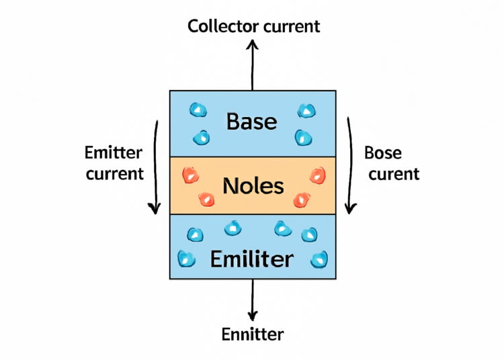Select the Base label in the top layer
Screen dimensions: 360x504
251,122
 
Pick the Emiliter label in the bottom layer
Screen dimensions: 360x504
251,259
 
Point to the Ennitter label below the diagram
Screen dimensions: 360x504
253,334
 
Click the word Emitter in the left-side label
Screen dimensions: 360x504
114,152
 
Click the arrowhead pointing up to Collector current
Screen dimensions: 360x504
253,44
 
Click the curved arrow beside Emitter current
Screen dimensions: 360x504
155,168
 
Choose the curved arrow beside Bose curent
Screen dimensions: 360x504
349,168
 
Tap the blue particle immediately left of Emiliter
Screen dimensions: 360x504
185,258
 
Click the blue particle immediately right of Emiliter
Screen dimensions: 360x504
319,258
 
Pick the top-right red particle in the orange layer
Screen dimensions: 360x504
317,176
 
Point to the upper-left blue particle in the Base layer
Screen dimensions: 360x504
198,109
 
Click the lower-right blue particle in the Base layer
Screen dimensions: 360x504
304,138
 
